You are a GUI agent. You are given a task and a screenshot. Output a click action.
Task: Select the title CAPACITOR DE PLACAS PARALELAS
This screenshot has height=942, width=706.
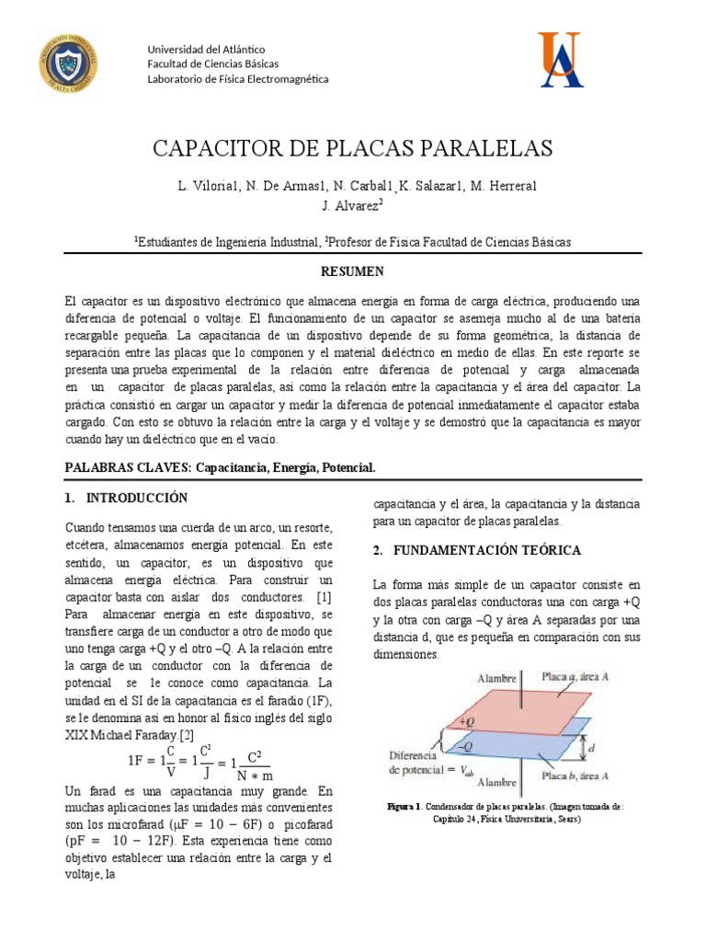click(x=352, y=149)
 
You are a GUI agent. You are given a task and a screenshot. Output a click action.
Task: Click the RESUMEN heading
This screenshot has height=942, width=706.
click(x=352, y=271)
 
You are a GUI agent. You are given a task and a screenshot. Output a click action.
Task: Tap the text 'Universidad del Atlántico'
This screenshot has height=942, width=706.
click(x=206, y=49)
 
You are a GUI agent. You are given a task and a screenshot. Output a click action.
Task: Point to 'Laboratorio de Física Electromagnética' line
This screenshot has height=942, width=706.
click(x=238, y=78)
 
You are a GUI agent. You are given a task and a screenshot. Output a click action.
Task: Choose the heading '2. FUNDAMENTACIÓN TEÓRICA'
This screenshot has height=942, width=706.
click(x=476, y=550)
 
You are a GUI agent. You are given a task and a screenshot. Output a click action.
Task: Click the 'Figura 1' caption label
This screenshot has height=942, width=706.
click(x=404, y=806)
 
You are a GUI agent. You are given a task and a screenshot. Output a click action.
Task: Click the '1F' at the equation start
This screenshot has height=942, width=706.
click(x=138, y=761)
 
